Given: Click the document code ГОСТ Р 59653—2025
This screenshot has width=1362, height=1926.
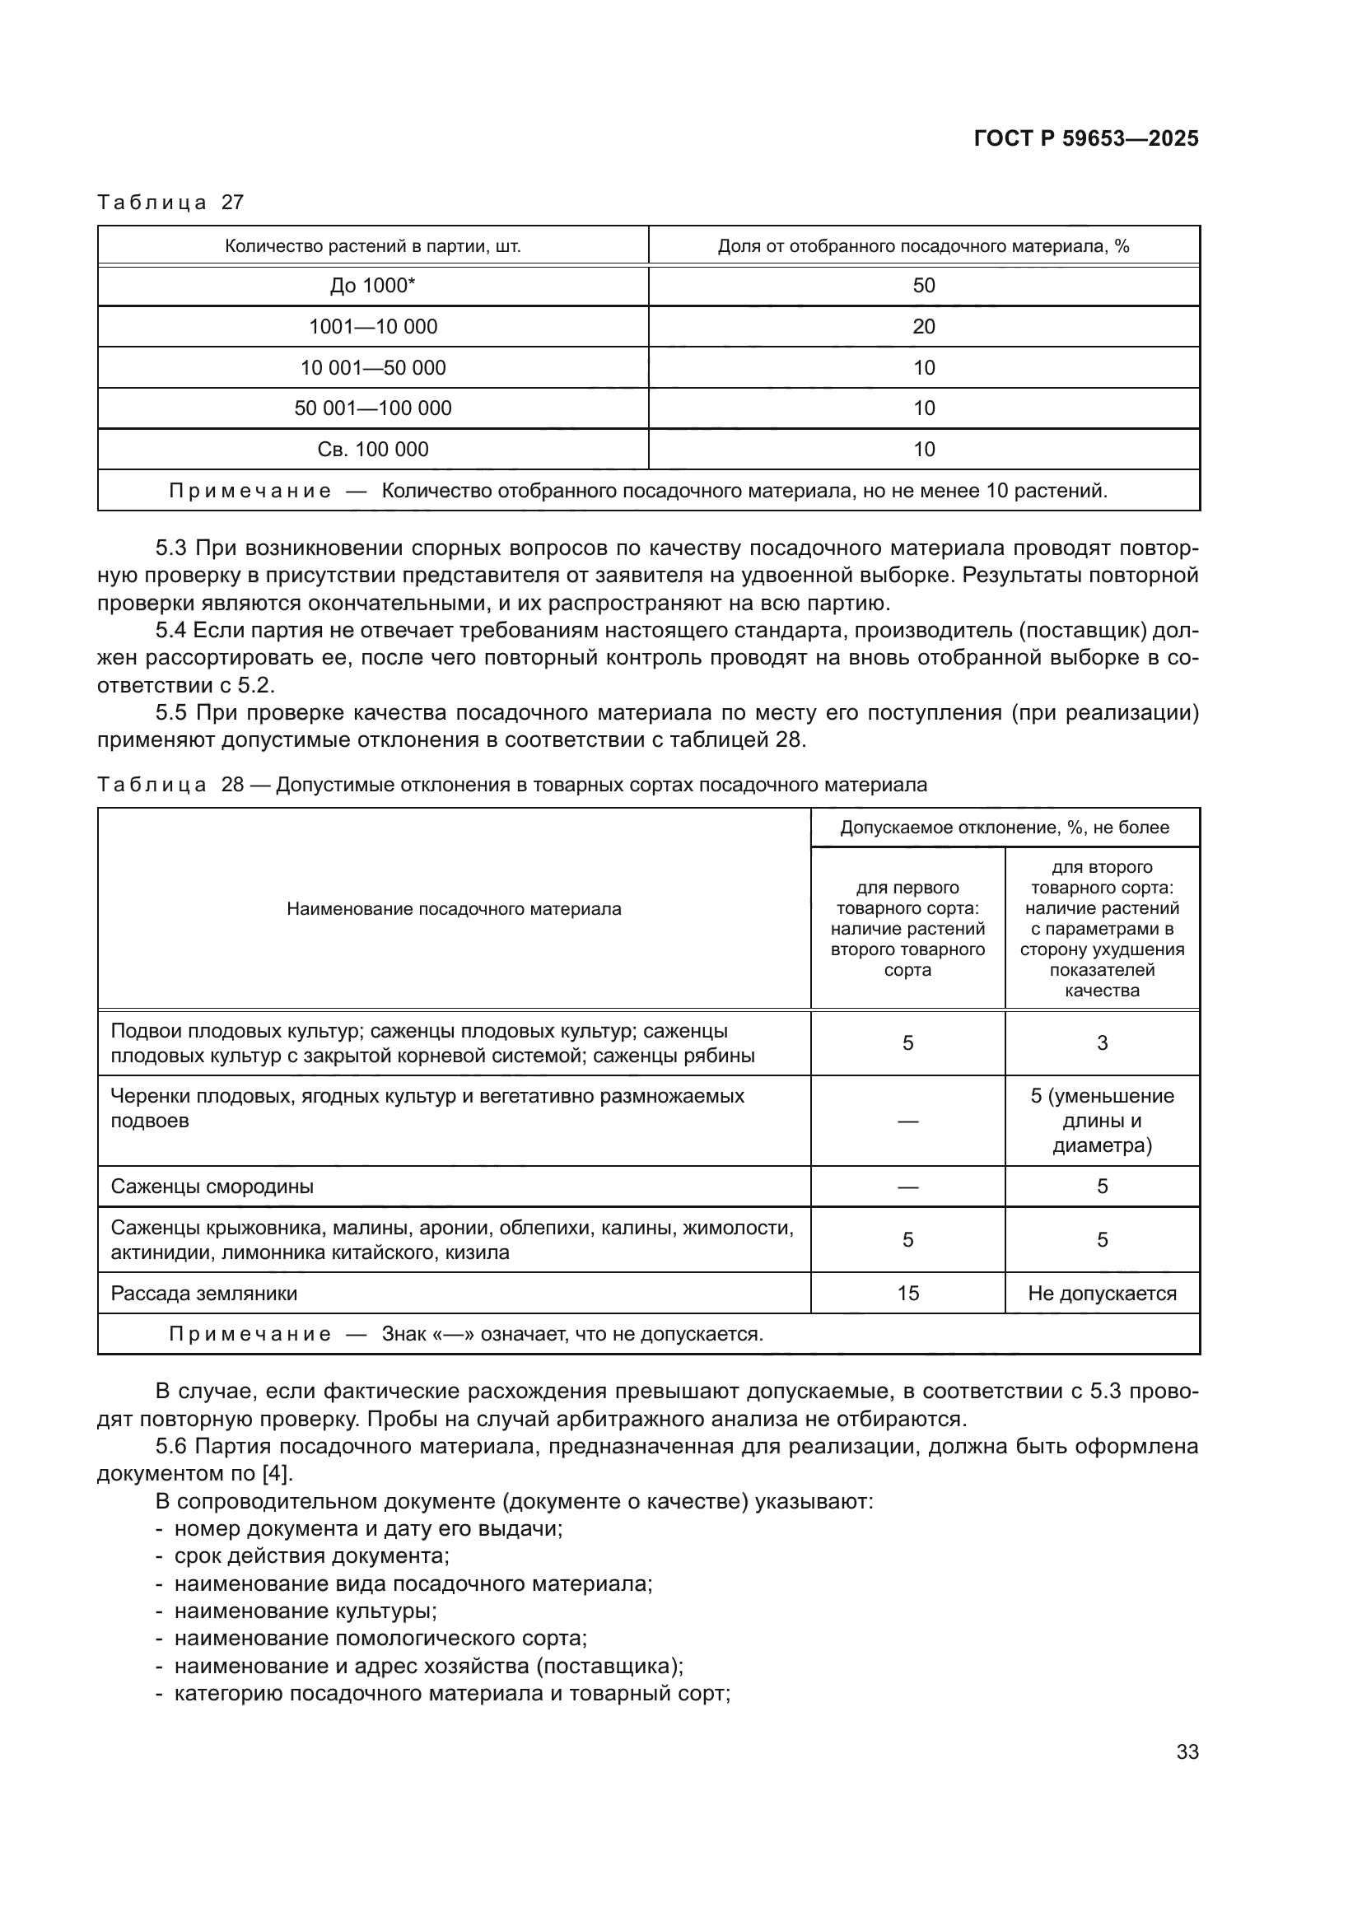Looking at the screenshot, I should [x=1086, y=138].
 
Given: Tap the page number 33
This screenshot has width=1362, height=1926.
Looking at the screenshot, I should [x=1187, y=1751].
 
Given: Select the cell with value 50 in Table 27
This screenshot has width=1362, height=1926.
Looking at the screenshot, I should [x=923, y=285].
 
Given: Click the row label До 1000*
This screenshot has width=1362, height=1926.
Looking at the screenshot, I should [x=372, y=285].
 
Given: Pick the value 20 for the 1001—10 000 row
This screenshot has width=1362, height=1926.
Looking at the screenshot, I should [x=923, y=326].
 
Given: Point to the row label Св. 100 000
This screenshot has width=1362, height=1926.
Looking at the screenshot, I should [x=372, y=449].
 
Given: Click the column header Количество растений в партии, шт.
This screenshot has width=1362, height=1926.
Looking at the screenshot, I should [x=372, y=245].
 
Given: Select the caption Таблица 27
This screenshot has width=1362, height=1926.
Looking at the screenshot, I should [x=170, y=203].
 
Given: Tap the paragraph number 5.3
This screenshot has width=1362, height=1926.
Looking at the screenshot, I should [x=172, y=548].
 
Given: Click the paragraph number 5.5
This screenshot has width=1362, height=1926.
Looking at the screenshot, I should [x=172, y=712].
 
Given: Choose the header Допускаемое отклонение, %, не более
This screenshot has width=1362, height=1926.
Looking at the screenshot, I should [x=1004, y=827].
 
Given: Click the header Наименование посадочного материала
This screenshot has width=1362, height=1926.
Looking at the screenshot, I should [x=454, y=908].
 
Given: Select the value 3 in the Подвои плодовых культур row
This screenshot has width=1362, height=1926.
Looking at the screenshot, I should [x=1102, y=1042].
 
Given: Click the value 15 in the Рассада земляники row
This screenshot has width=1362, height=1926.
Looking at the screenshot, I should [x=907, y=1293].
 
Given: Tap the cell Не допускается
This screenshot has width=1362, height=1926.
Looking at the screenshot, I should [x=1102, y=1293].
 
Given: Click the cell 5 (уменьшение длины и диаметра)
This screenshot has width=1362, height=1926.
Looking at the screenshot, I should [x=1102, y=1121].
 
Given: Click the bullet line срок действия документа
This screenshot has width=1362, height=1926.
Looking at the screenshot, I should [x=311, y=1555].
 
